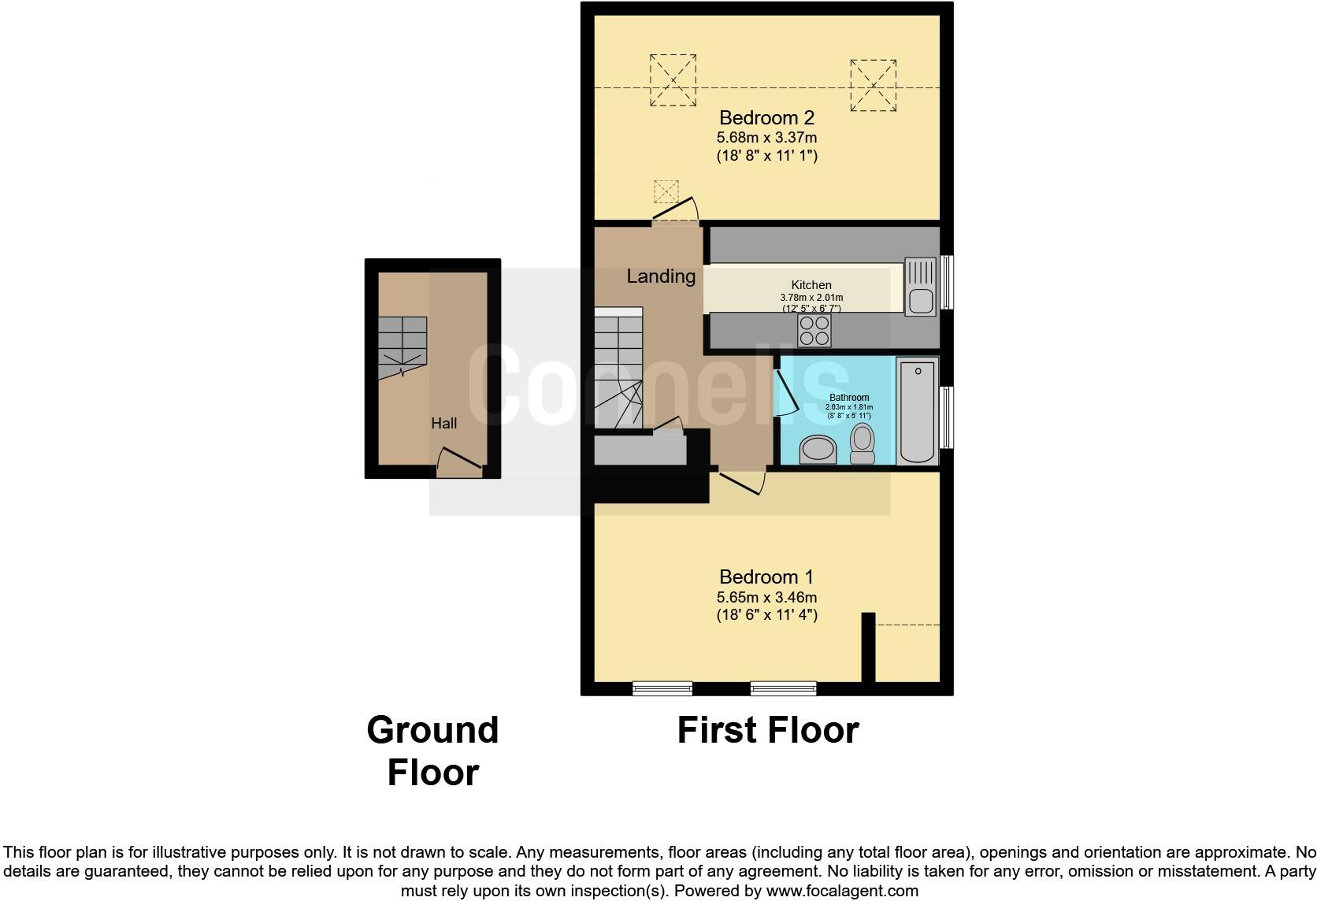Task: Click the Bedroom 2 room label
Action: pos(766,117)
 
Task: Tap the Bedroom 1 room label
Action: pos(766,577)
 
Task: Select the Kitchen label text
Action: pos(811,285)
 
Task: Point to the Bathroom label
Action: pos(849,397)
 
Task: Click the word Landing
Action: pos(661,276)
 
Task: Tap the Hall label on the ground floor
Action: pos(444,423)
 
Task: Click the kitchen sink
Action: pos(920,287)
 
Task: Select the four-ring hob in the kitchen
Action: pos(814,330)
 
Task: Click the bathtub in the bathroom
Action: pos(917,411)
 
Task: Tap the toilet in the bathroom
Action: pos(863,443)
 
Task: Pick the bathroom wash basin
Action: pos(818,450)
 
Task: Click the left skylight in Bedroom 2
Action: pos(673,80)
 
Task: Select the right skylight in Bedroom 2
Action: pos(874,85)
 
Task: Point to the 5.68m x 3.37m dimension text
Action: pos(766,138)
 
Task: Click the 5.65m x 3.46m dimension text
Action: pos(766,597)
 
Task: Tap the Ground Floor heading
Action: pos(433,751)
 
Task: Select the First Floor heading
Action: pos(768,730)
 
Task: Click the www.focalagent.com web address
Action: pos(843,891)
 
